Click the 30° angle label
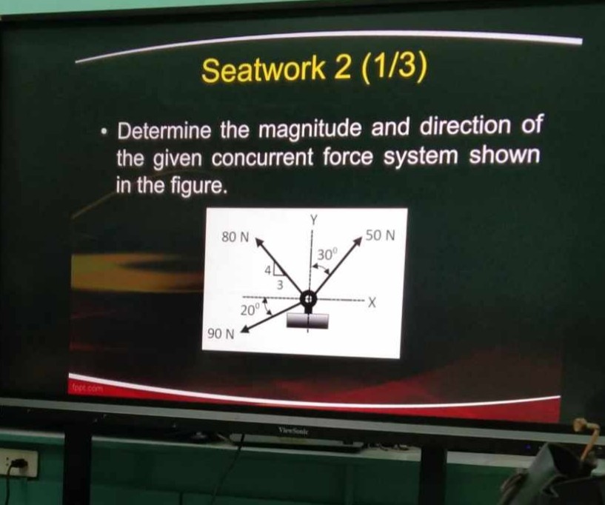coord(327,255)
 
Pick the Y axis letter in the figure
coord(314,220)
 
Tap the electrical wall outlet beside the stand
coord(19,464)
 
